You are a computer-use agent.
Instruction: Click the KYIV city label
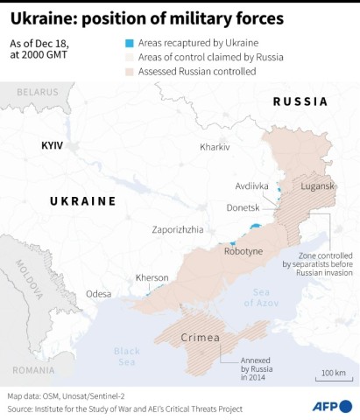click(x=52, y=144)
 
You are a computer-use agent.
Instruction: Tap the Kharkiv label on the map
click(x=215, y=147)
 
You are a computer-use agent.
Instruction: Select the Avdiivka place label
click(x=252, y=186)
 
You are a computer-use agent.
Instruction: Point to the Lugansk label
click(x=317, y=186)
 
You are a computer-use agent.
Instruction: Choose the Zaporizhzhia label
click(x=178, y=228)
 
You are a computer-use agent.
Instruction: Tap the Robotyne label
click(x=243, y=250)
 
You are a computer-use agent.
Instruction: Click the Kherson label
click(x=152, y=277)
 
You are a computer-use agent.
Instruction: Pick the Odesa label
click(x=99, y=294)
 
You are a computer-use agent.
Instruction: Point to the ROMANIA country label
click(x=32, y=371)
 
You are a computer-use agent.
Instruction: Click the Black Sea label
click(x=126, y=356)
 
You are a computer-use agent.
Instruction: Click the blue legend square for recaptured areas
click(x=130, y=42)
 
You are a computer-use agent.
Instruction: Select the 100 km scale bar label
click(x=333, y=373)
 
